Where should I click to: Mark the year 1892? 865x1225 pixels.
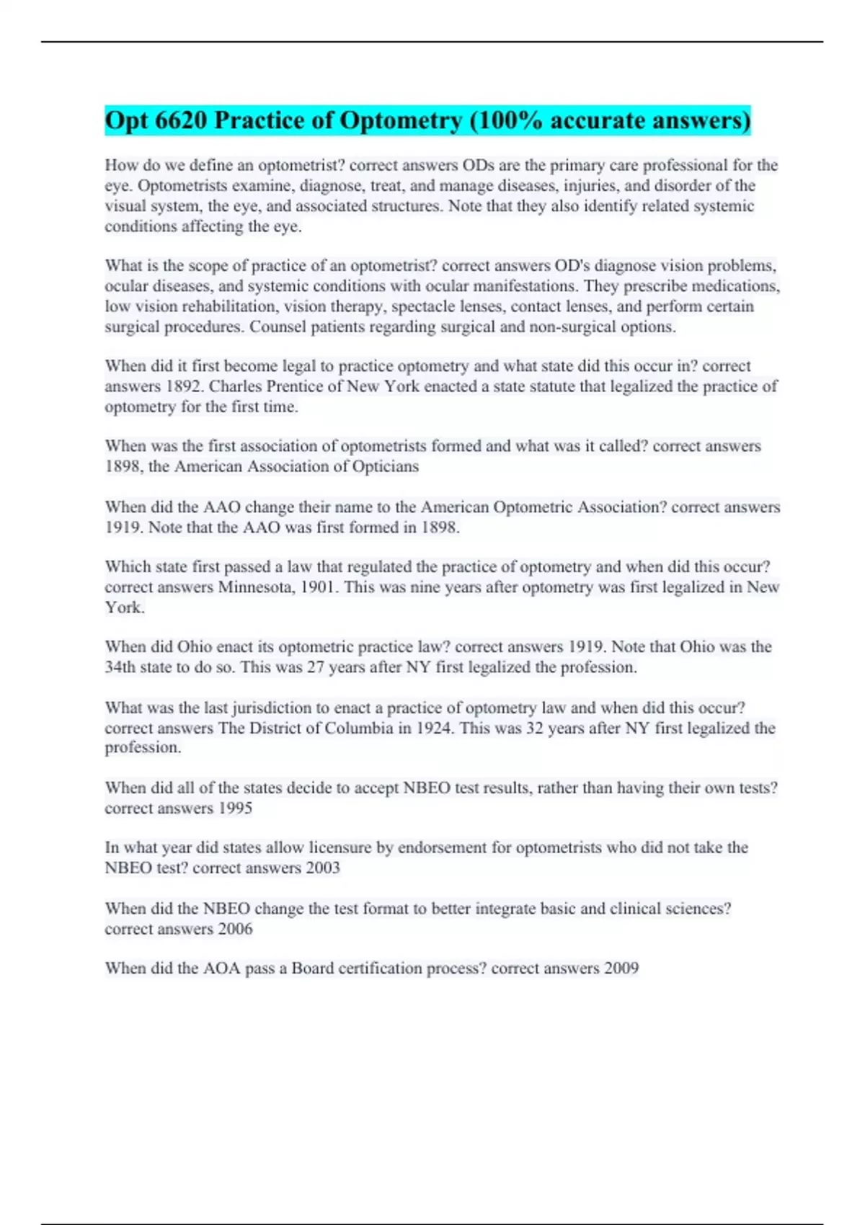pos(185,386)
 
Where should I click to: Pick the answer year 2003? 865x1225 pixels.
pos(322,868)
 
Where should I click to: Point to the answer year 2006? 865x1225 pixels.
pos(235,929)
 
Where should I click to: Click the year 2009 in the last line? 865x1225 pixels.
pos(621,968)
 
